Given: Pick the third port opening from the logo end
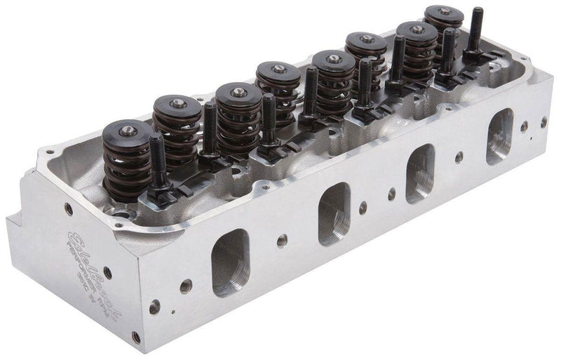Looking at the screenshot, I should pyautogui.click(x=421, y=173).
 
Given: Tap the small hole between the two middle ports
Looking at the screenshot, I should pyautogui.click(x=362, y=208).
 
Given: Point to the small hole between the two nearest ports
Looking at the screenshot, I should pyautogui.click(x=280, y=241).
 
